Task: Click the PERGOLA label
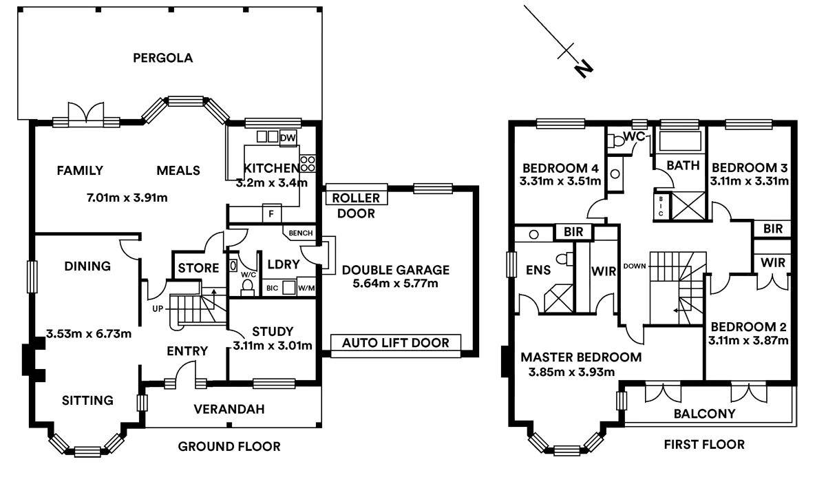[162, 58]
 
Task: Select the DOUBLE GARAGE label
[396, 270]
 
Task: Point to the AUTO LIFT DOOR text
[396, 342]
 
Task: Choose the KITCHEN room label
[271, 168]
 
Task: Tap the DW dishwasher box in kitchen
[288, 138]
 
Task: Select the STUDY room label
[273, 331]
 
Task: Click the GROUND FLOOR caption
[229, 447]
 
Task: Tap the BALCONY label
[704, 414]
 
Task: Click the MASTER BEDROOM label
[582, 358]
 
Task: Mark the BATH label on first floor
[683, 166]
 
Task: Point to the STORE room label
[198, 268]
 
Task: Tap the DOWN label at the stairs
[635, 265]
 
